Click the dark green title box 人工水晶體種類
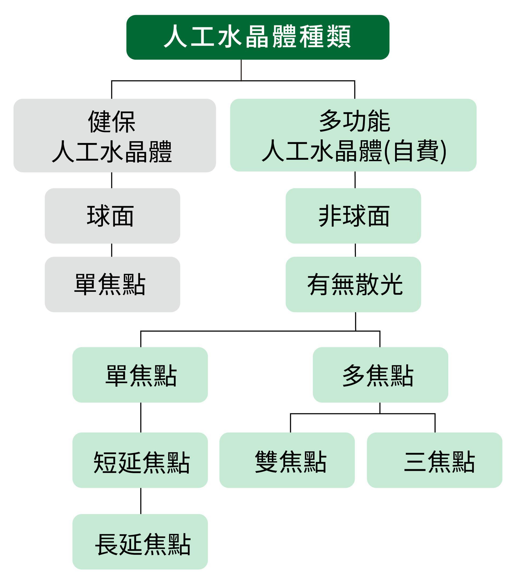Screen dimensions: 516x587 click(x=257, y=37)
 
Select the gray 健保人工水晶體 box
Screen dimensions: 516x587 click(x=115, y=136)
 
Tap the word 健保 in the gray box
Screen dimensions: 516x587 click(x=112, y=122)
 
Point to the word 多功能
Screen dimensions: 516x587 click(x=354, y=121)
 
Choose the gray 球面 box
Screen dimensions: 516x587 click(x=112, y=216)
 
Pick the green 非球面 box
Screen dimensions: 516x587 click(x=353, y=216)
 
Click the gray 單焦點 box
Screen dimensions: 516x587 click(x=112, y=284)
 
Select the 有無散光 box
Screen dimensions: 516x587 click(x=353, y=284)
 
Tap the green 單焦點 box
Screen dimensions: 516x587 click(x=140, y=375)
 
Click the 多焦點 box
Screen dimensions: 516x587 click(x=380, y=375)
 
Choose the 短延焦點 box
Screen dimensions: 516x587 click(x=140, y=460)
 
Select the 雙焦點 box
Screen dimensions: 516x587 click(x=287, y=460)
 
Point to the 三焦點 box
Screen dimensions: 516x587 click(x=435, y=460)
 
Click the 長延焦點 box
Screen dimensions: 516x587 click(x=140, y=542)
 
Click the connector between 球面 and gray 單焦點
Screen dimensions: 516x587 click(x=112, y=250)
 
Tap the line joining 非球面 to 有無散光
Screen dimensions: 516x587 click(x=355, y=250)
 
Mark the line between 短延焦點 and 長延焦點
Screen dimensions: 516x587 click(x=141, y=501)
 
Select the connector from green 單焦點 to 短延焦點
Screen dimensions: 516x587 click(x=141, y=417)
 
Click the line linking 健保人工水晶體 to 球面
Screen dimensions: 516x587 click(x=112, y=180)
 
